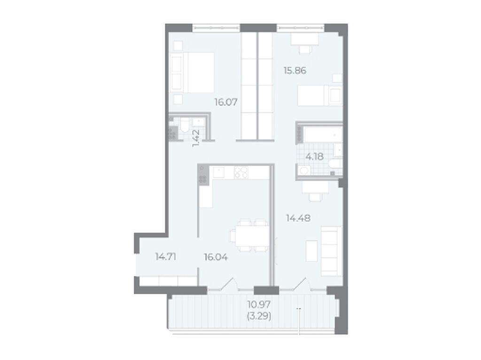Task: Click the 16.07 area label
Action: (x=226, y=102)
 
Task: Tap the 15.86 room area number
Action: (x=295, y=70)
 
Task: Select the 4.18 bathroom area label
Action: (x=314, y=157)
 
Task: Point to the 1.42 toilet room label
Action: (x=196, y=138)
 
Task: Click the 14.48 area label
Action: (x=298, y=218)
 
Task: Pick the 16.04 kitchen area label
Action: (x=216, y=257)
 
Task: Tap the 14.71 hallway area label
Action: (x=166, y=257)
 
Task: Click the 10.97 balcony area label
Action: (x=259, y=305)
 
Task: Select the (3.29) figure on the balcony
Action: (x=259, y=316)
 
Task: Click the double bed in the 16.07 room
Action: (x=193, y=73)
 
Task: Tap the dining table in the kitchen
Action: (x=249, y=236)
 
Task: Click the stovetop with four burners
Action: (x=241, y=173)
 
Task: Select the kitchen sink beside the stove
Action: (x=219, y=173)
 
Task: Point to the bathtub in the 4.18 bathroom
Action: (x=323, y=134)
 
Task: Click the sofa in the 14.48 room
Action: (x=331, y=251)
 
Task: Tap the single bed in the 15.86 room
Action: (x=320, y=95)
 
